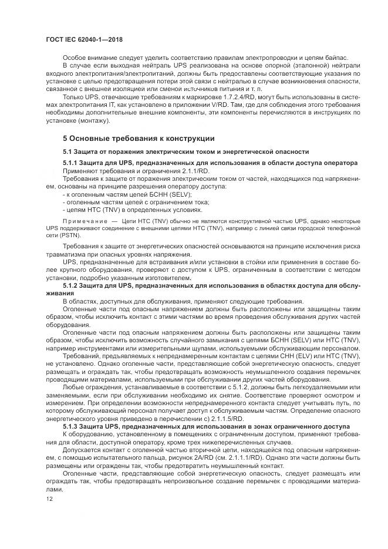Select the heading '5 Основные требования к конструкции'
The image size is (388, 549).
tap(139, 139)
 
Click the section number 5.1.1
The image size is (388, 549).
tap(72, 162)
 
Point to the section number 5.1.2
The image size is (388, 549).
tap(72, 285)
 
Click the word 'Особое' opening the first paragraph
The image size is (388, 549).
tap(74, 57)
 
